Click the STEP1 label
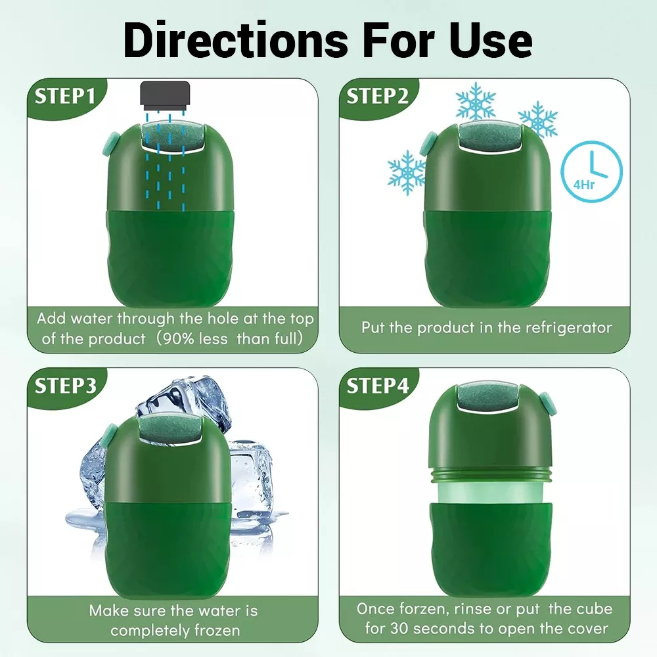click(65, 97)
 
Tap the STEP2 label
click(377, 97)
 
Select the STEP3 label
click(65, 386)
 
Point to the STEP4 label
click(378, 386)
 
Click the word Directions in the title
click(235, 40)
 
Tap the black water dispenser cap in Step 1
click(165, 95)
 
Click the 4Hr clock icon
click(592, 171)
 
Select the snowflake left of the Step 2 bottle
click(406, 172)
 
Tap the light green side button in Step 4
click(545, 403)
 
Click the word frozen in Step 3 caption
click(217, 630)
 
